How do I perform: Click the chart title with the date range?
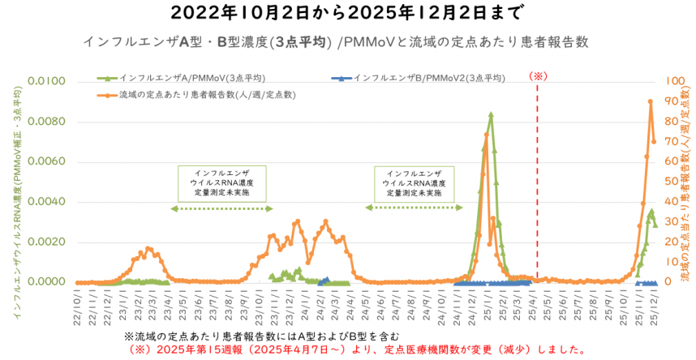click(x=348, y=13)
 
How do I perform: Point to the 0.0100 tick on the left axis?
click(x=48, y=81)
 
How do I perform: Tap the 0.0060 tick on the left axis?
click(x=48, y=161)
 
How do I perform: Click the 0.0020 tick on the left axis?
click(x=48, y=242)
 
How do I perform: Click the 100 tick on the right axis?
click(x=675, y=81)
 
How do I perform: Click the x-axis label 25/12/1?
click(x=655, y=307)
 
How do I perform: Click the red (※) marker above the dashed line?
click(x=539, y=75)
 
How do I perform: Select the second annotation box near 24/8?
click(x=414, y=184)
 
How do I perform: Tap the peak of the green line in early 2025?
click(x=491, y=114)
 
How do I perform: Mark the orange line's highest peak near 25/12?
click(x=650, y=101)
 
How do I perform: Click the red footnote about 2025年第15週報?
click(x=357, y=350)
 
